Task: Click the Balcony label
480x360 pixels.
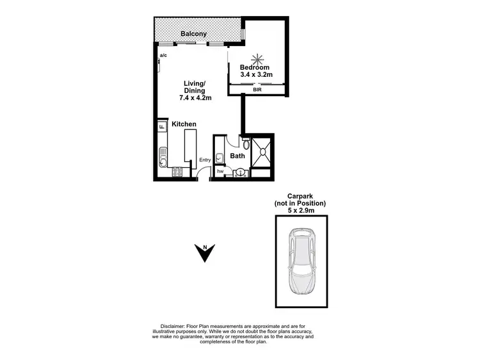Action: [x=193, y=33]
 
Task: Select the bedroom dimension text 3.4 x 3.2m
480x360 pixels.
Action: [x=256, y=75]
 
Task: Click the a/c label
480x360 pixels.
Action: [x=164, y=56]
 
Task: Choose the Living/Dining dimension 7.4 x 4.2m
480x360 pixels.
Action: [x=195, y=98]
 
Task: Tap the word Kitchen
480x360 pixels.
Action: [x=184, y=124]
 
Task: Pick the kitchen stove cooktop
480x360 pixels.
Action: [x=177, y=171]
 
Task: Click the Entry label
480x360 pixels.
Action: [x=205, y=160]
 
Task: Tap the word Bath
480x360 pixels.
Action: [x=237, y=156]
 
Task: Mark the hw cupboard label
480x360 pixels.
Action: [x=220, y=171]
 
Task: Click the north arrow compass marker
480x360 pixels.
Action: [x=204, y=253]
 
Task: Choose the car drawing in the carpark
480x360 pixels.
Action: [x=301, y=261]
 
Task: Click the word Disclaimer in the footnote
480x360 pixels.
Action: [x=168, y=325]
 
